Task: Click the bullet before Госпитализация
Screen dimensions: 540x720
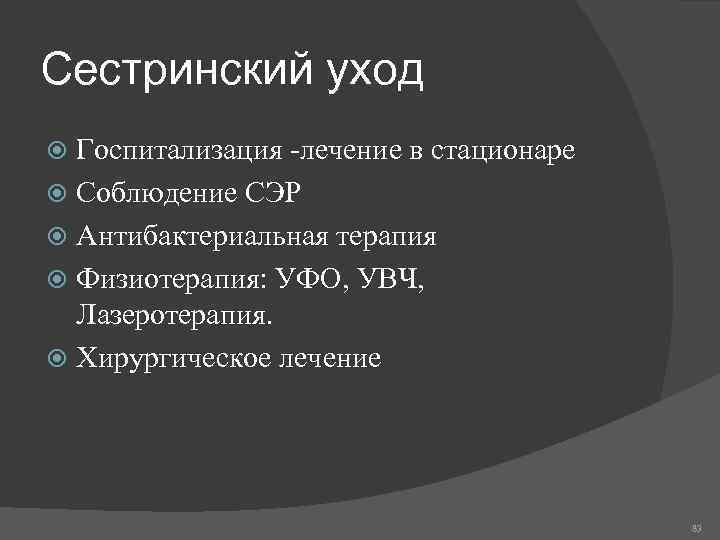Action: [x=58, y=152]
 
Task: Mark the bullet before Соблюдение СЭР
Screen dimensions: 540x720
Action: [x=58, y=194]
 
